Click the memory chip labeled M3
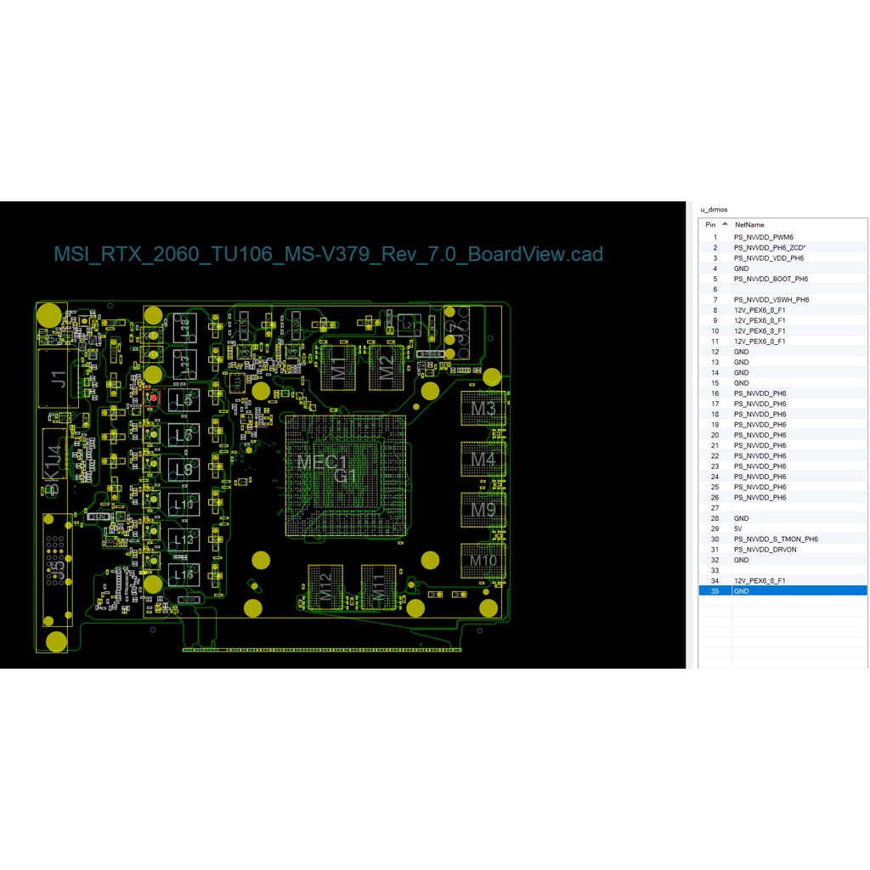[483, 409]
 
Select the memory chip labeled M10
[483, 561]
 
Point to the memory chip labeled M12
[325, 587]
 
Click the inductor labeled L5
[183, 400]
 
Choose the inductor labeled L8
[183, 470]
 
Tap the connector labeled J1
[58, 378]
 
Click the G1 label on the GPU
[345, 476]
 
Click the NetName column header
[749, 225]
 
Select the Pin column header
[710, 225]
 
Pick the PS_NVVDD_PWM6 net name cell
[763, 237]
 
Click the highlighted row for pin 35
[782, 590]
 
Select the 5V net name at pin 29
[738, 528]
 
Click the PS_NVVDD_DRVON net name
[765, 550]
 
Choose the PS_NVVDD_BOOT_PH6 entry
[771, 279]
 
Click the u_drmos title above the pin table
[714, 209]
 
